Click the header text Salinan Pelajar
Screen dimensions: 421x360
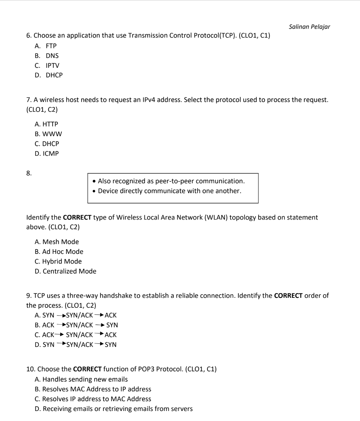(309, 27)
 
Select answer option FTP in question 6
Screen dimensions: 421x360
(51, 46)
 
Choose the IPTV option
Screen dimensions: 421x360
(53, 66)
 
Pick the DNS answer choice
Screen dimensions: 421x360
(52, 56)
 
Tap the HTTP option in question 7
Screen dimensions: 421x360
(50, 124)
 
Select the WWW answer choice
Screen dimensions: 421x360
(52, 134)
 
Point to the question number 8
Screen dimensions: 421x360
(29, 174)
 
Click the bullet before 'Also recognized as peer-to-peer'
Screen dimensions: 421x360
(94, 181)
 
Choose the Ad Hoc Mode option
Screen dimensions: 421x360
(63, 252)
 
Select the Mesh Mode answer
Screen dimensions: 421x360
(60, 242)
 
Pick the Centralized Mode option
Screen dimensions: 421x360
(69, 271)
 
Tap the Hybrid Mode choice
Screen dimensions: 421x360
(62, 261)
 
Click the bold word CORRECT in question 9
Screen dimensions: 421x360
(288, 296)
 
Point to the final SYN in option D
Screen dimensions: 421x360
(111, 345)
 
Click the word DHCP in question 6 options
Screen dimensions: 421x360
(54, 75)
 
